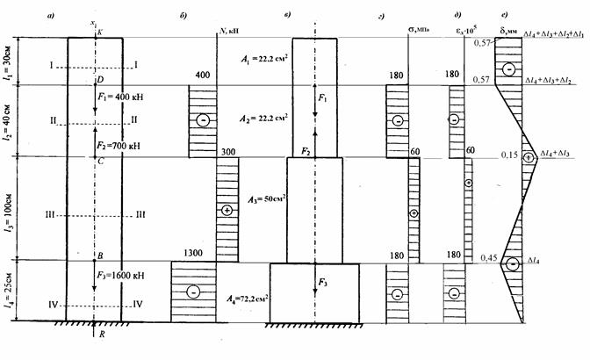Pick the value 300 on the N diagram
pos(227,150)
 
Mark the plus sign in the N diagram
pos(227,211)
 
